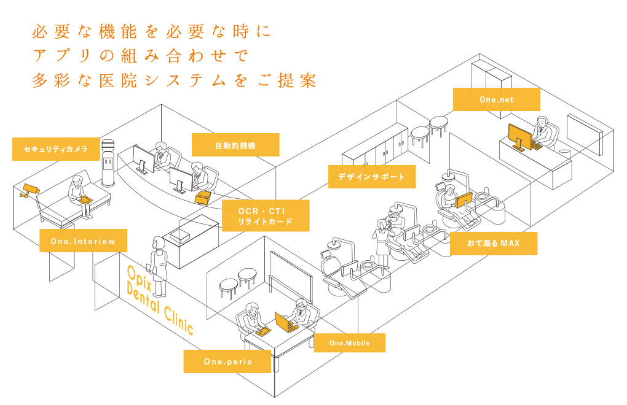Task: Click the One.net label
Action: click(x=496, y=99)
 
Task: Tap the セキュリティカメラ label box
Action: click(x=55, y=149)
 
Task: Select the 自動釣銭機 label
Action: click(x=235, y=145)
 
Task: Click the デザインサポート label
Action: click(x=371, y=177)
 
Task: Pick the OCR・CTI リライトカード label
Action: click(x=265, y=216)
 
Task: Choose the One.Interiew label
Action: click(x=83, y=241)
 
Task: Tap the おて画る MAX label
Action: click(x=493, y=244)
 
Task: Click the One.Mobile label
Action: click(x=349, y=343)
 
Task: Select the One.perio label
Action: click(x=227, y=362)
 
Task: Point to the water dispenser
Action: click(x=109, y=163)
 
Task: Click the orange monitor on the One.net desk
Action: click(x=519, y=138)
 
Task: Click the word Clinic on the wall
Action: click(x=178, y=318)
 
